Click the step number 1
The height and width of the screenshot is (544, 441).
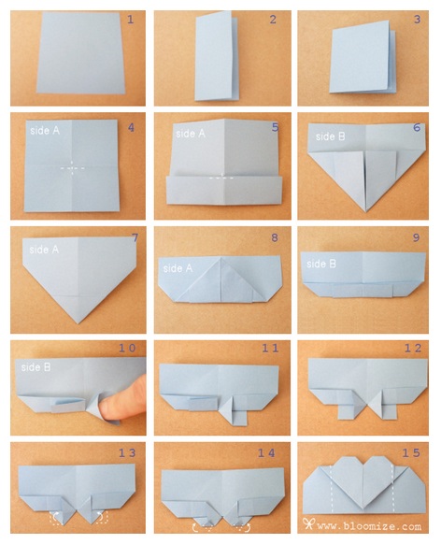click(x=131, y=20)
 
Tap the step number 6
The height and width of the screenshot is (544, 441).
click(x=417, y=128)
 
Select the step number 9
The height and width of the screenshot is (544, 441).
click(x=417, y=237)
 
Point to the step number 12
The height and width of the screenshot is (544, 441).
click(x=413, y=348)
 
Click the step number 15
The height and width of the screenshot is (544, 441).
click(x=411, y=452)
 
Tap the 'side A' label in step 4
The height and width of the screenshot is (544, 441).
click(x=45, y=131)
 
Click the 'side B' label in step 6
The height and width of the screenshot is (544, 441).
click(x=331, y=136)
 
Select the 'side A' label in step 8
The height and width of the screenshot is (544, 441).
click(x=178, y=268)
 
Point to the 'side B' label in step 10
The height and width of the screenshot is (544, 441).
click(x=36, y=367)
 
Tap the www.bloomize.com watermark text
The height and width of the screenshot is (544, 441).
click(x=369, y=526)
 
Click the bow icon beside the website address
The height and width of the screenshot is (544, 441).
click(x=308, y=524)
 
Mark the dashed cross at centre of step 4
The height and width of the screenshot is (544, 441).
click(x=72, y=168)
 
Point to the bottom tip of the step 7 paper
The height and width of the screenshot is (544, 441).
click(x=78, y=323)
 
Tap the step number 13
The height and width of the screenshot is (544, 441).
click(x=127, y=452)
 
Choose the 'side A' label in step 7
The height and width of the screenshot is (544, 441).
click(x=44, y=250)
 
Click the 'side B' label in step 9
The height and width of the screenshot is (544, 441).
click(x=321, y=264)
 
